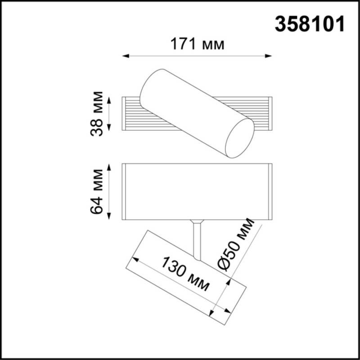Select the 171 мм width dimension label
(x=197, y=45)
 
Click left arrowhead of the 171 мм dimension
(x=126, y=56)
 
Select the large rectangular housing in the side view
(x=197, y=192)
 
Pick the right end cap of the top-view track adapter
(x=270, y=113)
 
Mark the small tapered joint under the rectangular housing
(x=197, y=222)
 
